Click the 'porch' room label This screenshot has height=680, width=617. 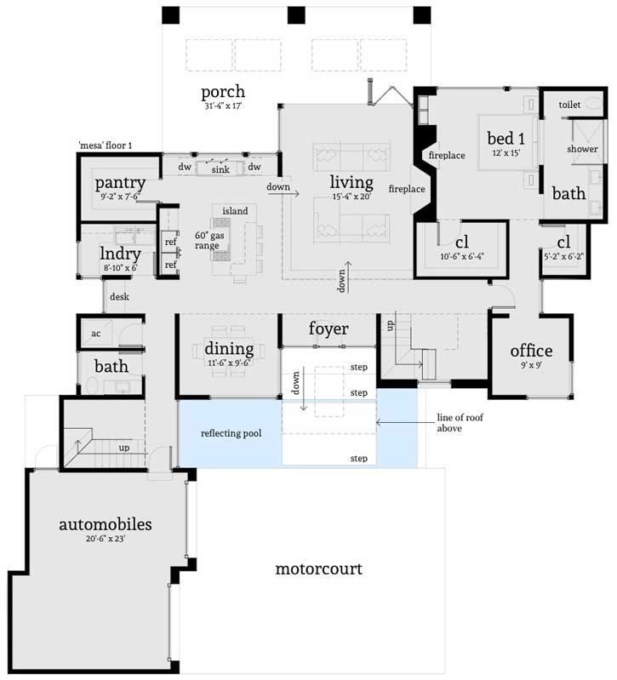[x=223, y=92]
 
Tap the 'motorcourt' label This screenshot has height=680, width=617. [x=318, y=569]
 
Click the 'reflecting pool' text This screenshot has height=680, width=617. [x=231, y=433]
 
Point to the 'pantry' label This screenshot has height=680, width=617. [x=119, y=183]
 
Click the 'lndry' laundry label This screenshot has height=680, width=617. [x=118, y=254]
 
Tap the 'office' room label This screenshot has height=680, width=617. [x=531, y=351]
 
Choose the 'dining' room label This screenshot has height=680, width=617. [x=229, y=349]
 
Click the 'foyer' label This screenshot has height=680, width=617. [x=328, y=329]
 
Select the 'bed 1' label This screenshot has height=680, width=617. [x=506, y=138]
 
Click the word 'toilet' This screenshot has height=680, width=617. [x=569, y=104]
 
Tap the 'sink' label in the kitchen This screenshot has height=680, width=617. [x=220, y=169]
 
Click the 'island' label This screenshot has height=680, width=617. [x=235, y=210]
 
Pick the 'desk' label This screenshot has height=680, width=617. [x=119, y=297]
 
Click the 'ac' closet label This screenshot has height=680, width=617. [x=96, y=333]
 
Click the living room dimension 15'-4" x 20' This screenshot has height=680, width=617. [x=351, y=197]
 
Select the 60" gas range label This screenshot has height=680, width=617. [x=208, y=240]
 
